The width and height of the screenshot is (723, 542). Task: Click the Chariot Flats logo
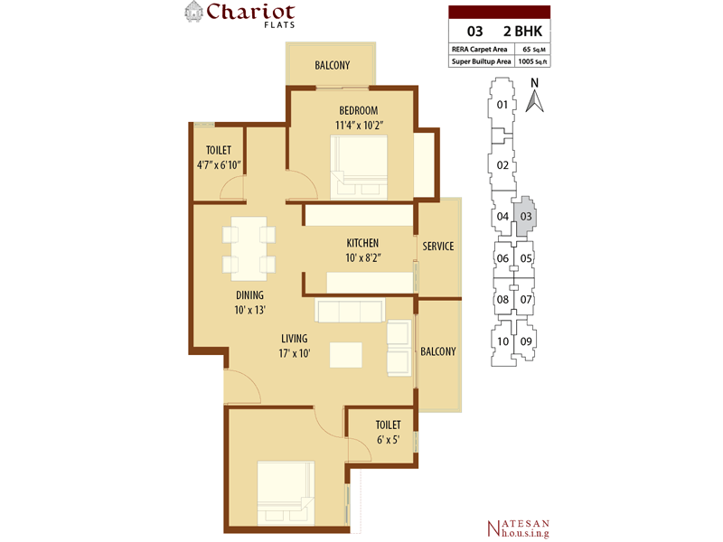pos(239,14)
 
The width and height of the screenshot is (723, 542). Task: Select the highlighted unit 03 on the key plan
pos(526,216)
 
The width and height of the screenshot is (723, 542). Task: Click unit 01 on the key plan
pos(502,105)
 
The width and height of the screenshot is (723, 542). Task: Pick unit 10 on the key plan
pos(502,341)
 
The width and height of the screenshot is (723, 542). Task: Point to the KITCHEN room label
pos(362,243)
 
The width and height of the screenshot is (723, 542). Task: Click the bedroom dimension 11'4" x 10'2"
pos(359,125)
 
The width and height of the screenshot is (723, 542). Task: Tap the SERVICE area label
pos(438,247)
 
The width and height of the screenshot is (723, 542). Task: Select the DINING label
pos(250,295)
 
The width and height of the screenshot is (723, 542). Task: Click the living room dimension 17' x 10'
pos(295,353)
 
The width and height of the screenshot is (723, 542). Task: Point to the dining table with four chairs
pos(249,248)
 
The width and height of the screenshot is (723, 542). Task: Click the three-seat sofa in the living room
pos(350,310)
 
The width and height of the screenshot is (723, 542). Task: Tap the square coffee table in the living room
pos(346,354)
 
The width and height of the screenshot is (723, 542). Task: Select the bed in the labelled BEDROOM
pos(359,167)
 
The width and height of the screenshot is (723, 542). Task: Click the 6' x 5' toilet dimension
pos(388,440)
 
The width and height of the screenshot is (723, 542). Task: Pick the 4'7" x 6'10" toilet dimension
pos(219,165)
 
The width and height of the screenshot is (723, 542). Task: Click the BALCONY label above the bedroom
pos(332,65)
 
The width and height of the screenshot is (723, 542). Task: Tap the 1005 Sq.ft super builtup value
pos(533,61)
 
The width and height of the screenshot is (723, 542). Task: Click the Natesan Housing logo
pos(518,528)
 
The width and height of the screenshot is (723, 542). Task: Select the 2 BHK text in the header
pos(523,32)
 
